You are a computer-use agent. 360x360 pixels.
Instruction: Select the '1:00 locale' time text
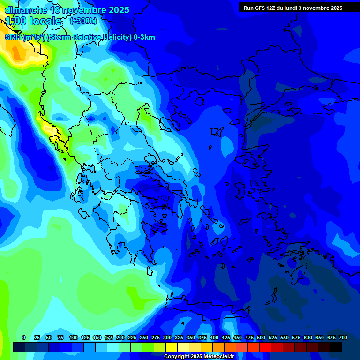pyautogui.click(x=34, y=21)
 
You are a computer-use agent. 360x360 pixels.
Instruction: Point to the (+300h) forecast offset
pyautogui.click(x=83, y=21)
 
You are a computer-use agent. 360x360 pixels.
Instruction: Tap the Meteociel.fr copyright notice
pyautogui.click(x=198, y=357)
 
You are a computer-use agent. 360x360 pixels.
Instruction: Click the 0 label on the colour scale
pyautogui.click(x=24, y=337)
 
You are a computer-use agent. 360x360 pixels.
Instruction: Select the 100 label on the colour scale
pyautogui.click(x=74, y=337)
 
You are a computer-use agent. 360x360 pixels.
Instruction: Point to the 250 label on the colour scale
pyautogui.click(x=144, y=337)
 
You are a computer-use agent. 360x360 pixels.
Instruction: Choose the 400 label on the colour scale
pyautogui.click(x=214, y=337)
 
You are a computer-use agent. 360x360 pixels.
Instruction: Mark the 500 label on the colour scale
pyautogui.click(x=261, y=337)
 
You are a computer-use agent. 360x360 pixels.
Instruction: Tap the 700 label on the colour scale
pyautogui.click(x=343, y=337)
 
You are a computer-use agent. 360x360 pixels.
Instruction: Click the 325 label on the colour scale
pyautogui.click(x=179, y=337)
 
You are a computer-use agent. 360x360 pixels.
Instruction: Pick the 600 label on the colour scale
pyautogui.click(x=308, y=337)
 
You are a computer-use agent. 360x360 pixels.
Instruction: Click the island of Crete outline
pyautogui.click(x=206, y=312)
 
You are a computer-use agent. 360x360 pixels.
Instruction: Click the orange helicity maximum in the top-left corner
pyautogui.click(x=17, y=54)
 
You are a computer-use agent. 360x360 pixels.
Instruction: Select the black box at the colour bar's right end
pyautogui.click(x=336, y=347)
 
